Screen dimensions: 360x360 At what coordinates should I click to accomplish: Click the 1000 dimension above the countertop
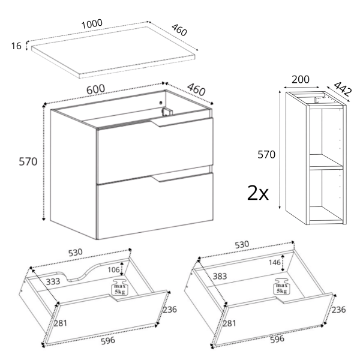pos(92,24)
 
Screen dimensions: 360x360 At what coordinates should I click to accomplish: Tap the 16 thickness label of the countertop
pos(16,46)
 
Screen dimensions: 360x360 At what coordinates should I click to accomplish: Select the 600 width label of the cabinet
pos(95,89)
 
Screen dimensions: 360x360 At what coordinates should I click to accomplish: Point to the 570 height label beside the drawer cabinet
pos(28,161)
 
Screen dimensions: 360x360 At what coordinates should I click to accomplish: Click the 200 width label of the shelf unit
pos(301,79)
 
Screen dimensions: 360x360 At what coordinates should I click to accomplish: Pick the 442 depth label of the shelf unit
pos(343,88)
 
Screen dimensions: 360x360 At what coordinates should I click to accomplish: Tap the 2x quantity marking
pos(257,193)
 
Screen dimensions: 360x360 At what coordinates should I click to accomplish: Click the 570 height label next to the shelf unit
pos(266,155)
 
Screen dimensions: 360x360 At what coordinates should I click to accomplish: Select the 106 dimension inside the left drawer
pos(113,269)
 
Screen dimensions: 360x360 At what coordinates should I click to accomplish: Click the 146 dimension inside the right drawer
pos(275,262)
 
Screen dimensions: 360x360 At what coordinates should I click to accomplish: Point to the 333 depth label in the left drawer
pos(53,281)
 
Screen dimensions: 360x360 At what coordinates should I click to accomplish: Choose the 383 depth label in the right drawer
pos(220,276)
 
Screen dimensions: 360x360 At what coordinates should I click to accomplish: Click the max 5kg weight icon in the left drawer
pos(120,287)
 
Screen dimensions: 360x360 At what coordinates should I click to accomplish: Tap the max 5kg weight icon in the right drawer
pos(282,286)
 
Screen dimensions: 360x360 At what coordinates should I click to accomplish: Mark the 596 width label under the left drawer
pos(108,340)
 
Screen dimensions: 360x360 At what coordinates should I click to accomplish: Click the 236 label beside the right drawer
pos(338,310)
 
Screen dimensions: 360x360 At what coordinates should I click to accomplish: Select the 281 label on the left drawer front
pos(61,323)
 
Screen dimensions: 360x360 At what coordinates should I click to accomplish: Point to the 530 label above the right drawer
pos(242,245)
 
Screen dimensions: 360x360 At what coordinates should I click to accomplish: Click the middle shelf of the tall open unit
pos(326,162)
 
